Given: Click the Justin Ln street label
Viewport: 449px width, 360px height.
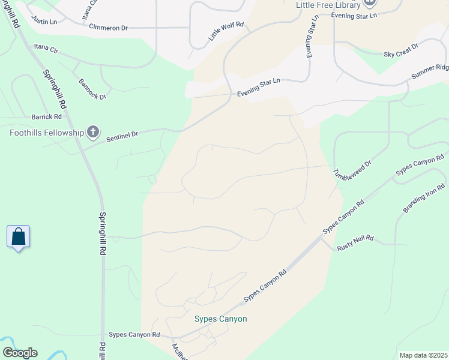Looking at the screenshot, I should (45, 22).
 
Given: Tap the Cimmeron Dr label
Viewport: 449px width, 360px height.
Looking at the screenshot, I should (108, 27).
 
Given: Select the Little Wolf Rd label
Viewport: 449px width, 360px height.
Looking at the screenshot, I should (226, 31).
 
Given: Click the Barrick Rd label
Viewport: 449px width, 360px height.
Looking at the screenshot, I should (47, 117).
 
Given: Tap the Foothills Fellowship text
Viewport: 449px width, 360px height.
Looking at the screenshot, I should (46, 132).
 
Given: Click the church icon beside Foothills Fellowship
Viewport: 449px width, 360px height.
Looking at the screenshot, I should (92, 131).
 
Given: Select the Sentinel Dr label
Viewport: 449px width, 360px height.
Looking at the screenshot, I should (122, 136).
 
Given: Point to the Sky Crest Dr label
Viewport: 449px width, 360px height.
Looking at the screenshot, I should (400, 53).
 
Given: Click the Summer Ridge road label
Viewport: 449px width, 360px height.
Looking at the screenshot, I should (429, 71).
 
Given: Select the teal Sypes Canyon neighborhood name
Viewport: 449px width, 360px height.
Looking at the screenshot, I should (220, 319).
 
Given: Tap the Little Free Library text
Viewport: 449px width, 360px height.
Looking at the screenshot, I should (328, 5).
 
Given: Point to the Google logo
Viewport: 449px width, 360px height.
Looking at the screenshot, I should (19, 352).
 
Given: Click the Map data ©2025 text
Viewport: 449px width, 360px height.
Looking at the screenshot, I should (423, 355).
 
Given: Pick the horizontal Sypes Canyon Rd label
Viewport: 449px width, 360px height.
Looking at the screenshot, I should (134, 334).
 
